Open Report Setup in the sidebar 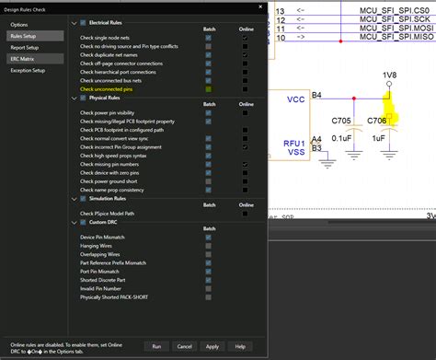point(25,47)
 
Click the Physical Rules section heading point(111,97)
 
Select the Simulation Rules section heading point(115,197)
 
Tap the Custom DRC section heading point(108,221)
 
